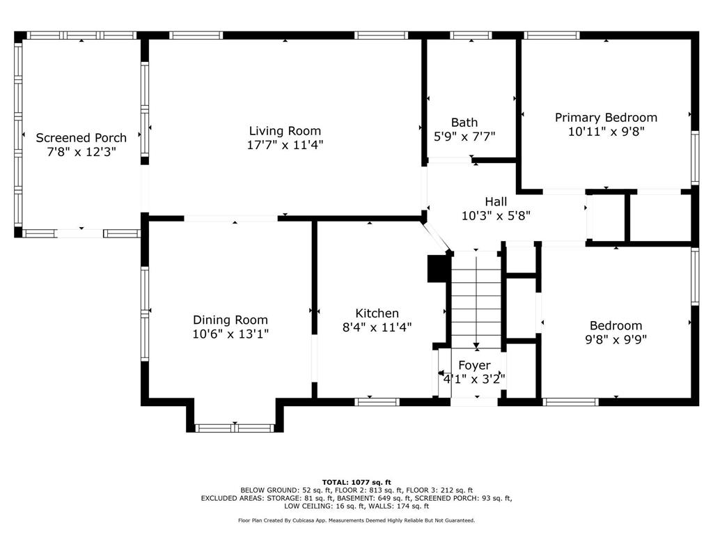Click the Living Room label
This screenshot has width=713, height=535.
[285, 131]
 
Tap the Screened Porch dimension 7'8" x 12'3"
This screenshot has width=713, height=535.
[81, 151]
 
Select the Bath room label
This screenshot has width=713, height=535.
[464, 123]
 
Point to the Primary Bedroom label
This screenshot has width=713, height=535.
[606, 117]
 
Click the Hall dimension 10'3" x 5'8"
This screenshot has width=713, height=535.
[496, 216]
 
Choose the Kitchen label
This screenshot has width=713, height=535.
[377, 313]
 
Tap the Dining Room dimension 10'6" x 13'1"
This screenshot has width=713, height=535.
[230, 334]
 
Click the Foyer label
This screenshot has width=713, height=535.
[474, 365]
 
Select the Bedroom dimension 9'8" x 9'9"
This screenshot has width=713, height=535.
[616, 339]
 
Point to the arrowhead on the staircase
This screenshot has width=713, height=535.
[476, 346]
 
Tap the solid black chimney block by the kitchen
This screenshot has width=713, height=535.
[437, 268]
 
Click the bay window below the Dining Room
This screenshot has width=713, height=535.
[235, 428]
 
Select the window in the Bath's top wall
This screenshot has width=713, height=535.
[471, 35]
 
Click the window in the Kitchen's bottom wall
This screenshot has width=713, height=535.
[377, 402]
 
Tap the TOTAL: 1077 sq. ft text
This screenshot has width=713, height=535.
[356, 482]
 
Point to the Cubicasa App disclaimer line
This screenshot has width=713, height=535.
[356, 520]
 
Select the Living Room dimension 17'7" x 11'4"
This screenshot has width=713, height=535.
[285, 145]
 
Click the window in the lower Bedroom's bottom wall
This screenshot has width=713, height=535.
[571, 402]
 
